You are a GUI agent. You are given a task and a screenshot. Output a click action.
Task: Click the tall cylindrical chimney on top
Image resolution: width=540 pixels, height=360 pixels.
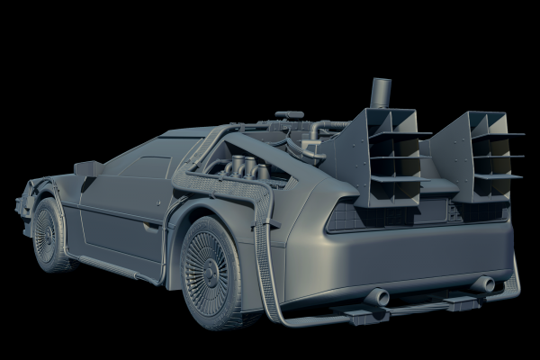click(381, 93)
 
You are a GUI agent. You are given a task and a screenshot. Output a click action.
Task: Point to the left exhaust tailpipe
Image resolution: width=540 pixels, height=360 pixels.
click(377, 297)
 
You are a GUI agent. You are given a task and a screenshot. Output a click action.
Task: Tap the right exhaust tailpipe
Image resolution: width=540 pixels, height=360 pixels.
click(483, 284)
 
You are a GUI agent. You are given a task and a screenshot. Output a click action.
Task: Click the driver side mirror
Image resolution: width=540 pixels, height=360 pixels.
click(87, 168)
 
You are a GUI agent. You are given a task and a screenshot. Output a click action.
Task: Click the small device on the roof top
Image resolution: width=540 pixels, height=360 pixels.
click(287, 115)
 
